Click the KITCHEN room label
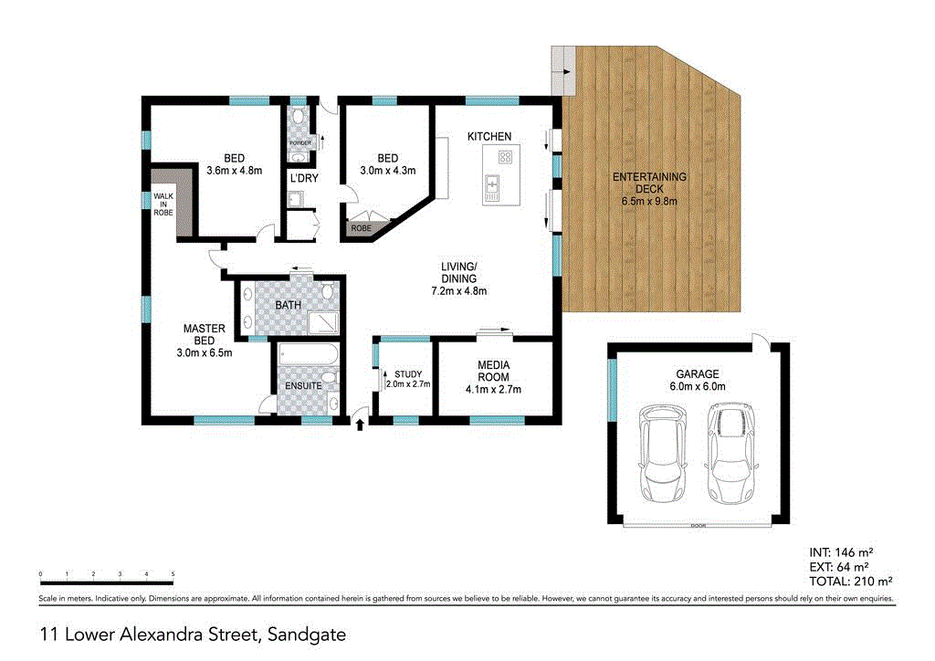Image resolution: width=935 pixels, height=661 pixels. tap(489, 136)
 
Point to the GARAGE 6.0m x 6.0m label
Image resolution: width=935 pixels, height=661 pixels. tap(698, 380)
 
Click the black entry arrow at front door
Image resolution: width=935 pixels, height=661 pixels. tap(360, 424)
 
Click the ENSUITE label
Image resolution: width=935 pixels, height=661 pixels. tap(303, 386)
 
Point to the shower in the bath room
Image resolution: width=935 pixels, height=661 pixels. tap(324, 322)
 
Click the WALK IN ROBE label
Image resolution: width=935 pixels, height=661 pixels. tap(163, 204)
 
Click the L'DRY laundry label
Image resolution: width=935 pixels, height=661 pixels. tap(303, 178)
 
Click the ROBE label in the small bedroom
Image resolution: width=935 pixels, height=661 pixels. tap(361, 229)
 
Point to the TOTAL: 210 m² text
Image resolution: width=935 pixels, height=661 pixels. tap(851, 580)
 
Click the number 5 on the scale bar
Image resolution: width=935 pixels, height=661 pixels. tap(173, 574)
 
